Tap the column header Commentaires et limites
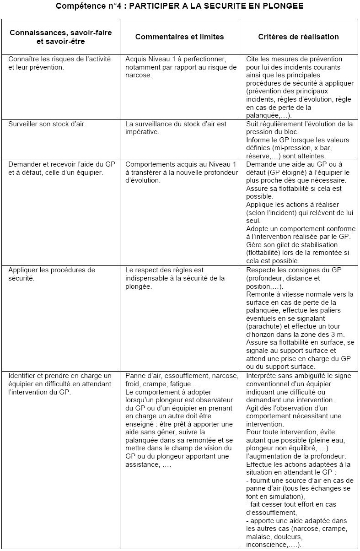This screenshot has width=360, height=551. coord(179,37)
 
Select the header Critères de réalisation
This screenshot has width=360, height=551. coord(298,37)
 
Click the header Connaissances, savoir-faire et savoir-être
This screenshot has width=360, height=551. coord(60,37)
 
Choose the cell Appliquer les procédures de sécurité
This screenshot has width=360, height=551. coord(51,274)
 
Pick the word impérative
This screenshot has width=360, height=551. coord(141,132)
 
